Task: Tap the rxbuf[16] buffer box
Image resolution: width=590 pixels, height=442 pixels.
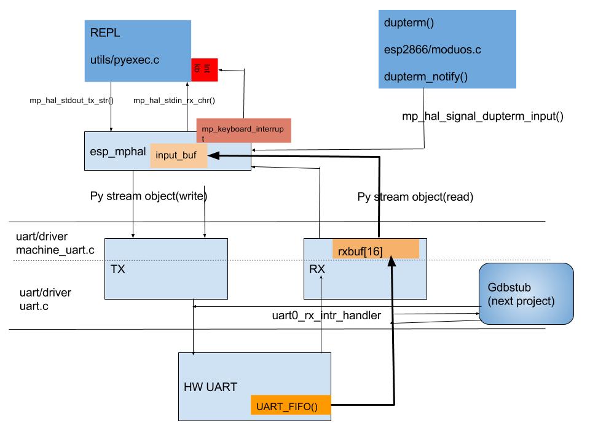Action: click(375, 249)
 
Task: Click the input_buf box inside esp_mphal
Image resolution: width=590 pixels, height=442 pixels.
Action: click(178, 156)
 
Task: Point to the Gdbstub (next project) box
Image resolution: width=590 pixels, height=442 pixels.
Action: click(525, 294)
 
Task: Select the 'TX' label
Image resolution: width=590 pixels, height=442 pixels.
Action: click(118, 269)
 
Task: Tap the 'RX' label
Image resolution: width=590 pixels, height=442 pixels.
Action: click(317, 268)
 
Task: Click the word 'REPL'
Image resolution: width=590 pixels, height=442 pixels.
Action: click(103, 34)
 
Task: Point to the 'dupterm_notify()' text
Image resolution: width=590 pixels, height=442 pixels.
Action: click(426, 77)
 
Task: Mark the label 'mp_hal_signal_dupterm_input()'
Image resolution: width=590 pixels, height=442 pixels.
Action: click(482, 115)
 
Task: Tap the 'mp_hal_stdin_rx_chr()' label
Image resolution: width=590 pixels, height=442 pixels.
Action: click(178, 99)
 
